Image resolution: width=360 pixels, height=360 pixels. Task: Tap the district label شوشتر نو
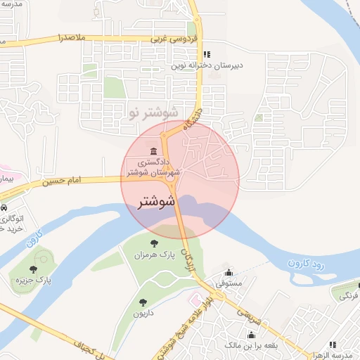click(143, 112)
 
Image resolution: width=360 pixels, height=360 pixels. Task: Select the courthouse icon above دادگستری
click(154, 150)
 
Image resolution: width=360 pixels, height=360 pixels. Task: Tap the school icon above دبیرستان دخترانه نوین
click(206, 54)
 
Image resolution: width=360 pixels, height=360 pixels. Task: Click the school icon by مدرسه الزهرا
click(333, 345)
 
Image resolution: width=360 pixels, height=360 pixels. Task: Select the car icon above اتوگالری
click(4, 209)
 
